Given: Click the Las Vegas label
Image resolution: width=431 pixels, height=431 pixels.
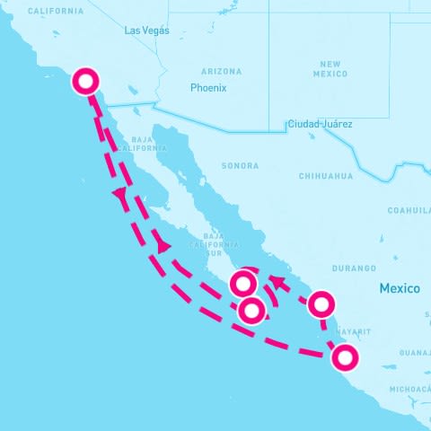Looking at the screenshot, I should pos(146,31).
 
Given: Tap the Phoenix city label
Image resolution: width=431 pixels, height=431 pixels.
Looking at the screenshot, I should pos(208,88).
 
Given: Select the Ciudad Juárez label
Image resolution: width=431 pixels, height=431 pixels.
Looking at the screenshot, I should pos(320,124).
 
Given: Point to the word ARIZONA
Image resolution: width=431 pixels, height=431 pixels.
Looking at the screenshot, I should pos(221,71).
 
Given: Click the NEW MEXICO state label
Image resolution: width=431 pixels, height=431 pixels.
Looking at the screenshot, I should pos(332,69).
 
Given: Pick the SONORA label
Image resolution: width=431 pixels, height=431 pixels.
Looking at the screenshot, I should pos(240,166).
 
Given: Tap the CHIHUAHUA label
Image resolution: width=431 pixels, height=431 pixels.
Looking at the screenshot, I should pos(326,176).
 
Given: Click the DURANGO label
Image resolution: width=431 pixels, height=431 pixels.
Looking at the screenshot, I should pos(354,268).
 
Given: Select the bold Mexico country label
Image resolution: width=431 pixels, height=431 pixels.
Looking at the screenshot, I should pos(400,289).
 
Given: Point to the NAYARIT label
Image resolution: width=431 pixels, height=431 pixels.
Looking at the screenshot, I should pos(354,331).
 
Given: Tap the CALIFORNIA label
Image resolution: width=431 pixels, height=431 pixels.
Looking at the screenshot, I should pos(56,12).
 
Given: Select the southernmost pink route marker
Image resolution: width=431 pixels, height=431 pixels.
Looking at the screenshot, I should pos(344,358).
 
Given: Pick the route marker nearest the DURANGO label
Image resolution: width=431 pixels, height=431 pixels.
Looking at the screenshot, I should pos(321,305).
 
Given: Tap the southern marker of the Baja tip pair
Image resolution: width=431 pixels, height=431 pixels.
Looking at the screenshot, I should pos(252,311).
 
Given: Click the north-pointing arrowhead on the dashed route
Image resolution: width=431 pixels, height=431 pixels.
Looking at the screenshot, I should pos(119,193).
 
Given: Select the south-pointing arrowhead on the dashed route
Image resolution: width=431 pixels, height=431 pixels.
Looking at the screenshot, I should pos(163,245).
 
